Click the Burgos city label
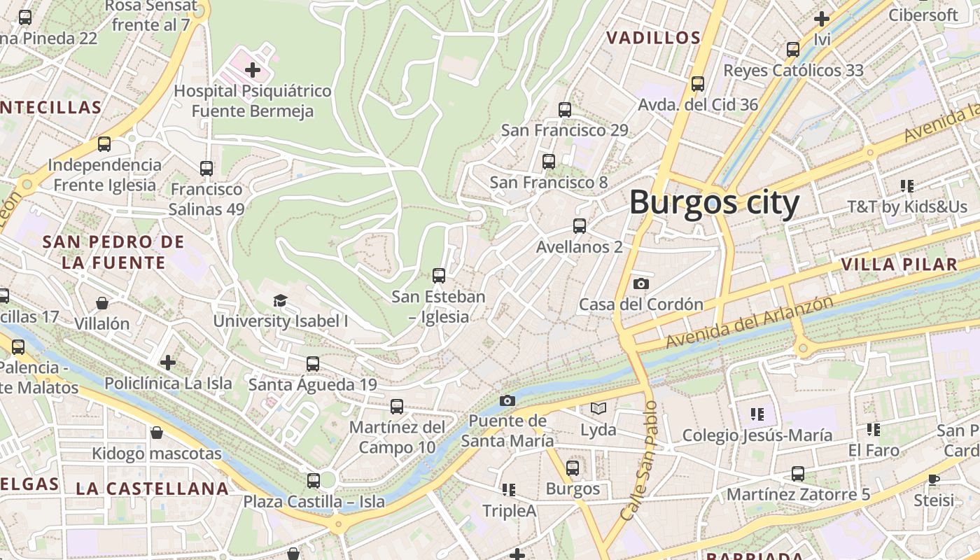714,203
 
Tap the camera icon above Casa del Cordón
640,283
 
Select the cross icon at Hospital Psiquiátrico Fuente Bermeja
253,70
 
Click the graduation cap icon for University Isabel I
280,300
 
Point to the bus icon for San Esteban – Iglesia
439,276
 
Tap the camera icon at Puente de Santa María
507,400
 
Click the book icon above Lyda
598,408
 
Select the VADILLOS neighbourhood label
653,38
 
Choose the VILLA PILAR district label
899,264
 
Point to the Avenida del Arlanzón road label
749,322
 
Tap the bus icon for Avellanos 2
579,226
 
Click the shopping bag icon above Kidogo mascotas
157,433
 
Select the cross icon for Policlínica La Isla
168,363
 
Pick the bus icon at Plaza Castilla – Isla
314,481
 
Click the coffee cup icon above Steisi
933,479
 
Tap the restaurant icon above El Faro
873,429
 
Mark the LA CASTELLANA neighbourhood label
152,489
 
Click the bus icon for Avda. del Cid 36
697,84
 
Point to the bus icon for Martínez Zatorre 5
798,474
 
